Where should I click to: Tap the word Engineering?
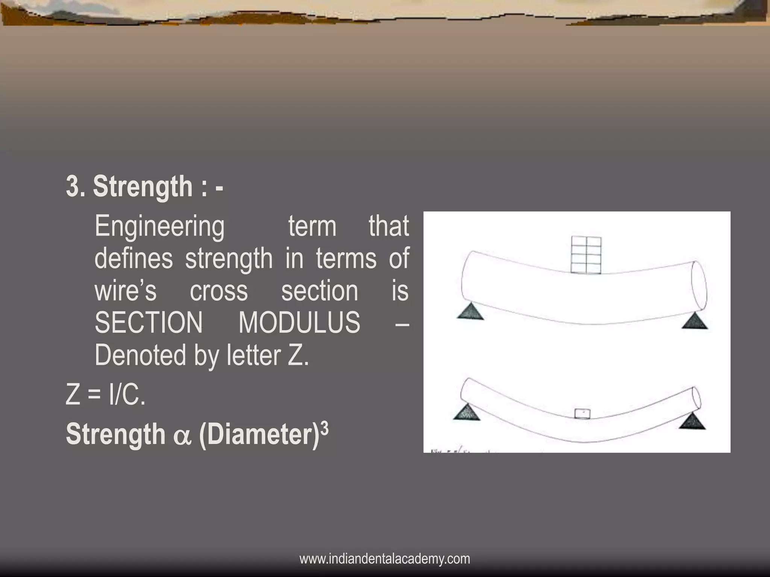pyautogui.click(x=159, y=227)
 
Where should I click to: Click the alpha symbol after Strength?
pyautogui.click(x=182, y=436)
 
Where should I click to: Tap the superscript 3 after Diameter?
pyautogui.click(x=325, y=427)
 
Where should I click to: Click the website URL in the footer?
pyautogui.click(x=385, y=559)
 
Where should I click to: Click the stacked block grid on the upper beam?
pyautogui.click(x=586, y=255)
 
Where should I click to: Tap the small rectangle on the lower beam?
pyautogui.click(x=582, y=413)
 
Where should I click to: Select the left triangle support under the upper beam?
pyautogui.click(x=470, y=311)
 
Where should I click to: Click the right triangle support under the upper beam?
pyautogui.click(x=694, y=322)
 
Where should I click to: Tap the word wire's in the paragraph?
pyautogui.click(x=125, y=291)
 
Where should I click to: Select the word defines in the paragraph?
pyautogui.click(x=133, y=258)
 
